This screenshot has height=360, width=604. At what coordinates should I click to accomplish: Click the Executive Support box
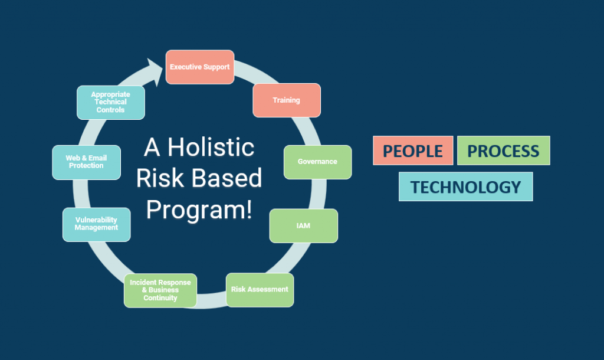(200, 67)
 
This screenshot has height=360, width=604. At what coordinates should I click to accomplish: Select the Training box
(287, 100)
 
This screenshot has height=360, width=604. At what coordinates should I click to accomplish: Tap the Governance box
(318, 162)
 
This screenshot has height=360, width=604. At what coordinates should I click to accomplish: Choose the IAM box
(304, 226)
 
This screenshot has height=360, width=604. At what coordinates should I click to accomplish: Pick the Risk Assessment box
(260, 290)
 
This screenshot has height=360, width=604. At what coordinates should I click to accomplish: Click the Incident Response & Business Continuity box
(160, 290)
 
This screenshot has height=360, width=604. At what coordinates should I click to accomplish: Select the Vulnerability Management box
(96, 224)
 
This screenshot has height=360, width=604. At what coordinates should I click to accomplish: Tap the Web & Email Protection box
(86, 162)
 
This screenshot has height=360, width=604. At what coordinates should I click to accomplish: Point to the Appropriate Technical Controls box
(110, 102)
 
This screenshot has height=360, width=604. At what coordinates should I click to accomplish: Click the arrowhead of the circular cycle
(155, 71)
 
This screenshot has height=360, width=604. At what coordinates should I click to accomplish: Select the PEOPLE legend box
(413, 150)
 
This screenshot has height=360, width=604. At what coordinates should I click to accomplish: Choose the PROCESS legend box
(504, 150)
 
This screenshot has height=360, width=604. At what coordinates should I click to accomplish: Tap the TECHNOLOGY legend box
(466, 186)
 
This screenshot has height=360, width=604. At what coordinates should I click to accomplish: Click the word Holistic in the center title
(211, 147)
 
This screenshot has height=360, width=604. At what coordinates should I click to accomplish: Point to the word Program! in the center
(199, 211)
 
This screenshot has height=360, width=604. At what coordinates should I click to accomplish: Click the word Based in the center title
(226, 178)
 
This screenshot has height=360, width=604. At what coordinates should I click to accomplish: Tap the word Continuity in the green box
(160, 298)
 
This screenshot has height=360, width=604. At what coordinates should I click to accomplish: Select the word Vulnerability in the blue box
(96, 220)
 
